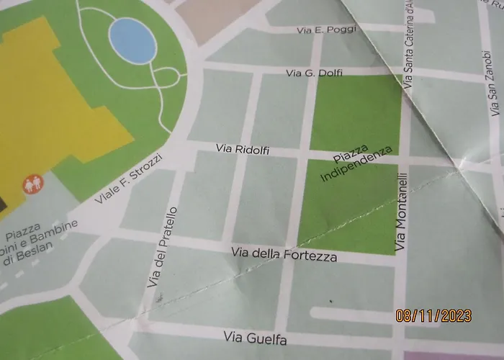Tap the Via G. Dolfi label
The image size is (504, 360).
click(x=315, y=73)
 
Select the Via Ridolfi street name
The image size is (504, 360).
click(x=243, y=150)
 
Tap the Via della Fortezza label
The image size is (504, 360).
click(x=284, y=254)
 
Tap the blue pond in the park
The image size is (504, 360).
click(x=132, y=40)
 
